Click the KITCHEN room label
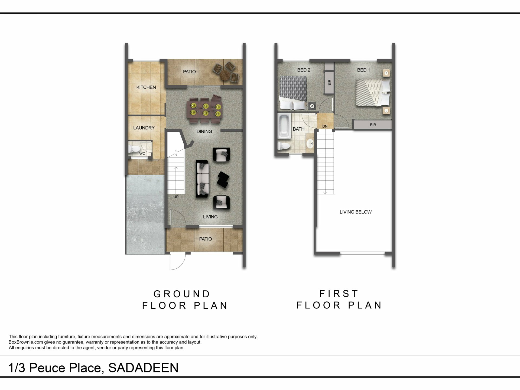(x=146, y=87)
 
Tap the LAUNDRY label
(x=144, y=128)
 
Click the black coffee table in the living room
(x=223, y=179)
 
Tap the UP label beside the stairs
(x=176, y=197)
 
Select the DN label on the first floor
(x=325, y=126)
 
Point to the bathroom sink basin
(x=310, y=143)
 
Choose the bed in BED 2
(x=293, y=93)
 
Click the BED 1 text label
(x=363, y=70)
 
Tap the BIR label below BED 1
(x=373, y=125)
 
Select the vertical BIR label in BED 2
(x=329, y=83)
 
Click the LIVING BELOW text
(x=356, y=212)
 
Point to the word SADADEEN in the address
(x=143, y=368)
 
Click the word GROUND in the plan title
(x=182, y=294)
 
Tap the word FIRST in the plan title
(x=339, y=294)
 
